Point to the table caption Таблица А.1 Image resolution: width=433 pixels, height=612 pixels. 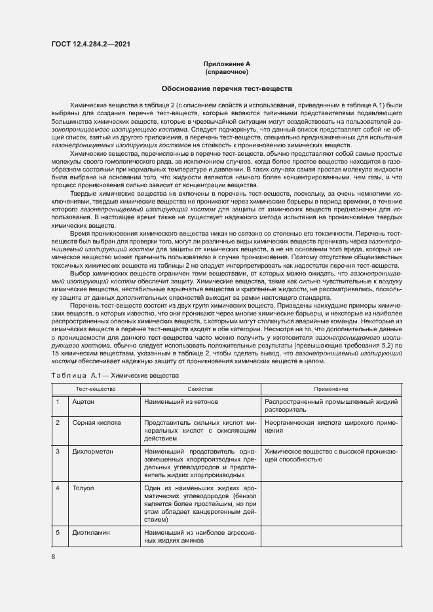(110, 375)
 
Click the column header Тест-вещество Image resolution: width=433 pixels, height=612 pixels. (94, 389)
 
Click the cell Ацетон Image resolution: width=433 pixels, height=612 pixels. (83, 401)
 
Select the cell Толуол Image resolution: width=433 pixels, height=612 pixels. (83, 488)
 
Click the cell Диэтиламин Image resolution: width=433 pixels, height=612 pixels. (91, 533)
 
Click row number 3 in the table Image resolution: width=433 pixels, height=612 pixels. (58, 452)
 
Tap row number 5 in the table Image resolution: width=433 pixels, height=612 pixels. (58, 533)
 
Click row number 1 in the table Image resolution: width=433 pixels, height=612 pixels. (58, 401)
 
